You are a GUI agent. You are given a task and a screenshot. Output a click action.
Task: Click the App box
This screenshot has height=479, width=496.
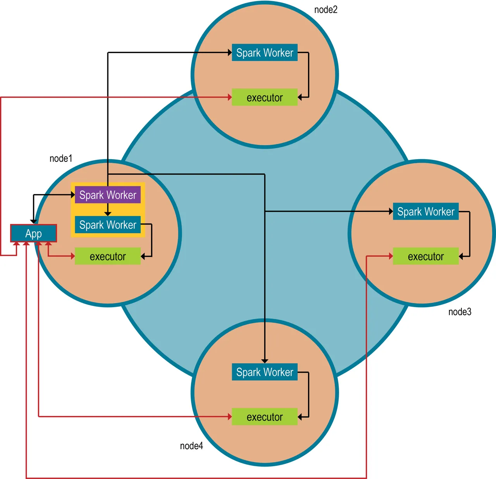point(33,233)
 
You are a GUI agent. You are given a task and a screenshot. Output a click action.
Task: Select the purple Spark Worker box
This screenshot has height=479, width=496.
point(108,195)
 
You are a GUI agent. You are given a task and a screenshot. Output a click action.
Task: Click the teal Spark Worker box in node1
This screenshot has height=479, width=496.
point(108,225)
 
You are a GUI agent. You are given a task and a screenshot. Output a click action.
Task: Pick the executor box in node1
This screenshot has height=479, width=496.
point(108,256)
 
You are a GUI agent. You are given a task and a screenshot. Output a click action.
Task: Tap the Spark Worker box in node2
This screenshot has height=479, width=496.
point(265,52)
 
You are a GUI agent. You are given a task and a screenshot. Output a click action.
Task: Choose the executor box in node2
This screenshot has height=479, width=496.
point(265,97)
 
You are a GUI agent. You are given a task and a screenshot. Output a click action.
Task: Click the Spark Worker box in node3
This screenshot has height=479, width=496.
point(425,211)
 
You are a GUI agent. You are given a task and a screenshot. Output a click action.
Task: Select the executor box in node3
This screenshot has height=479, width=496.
point(425,256)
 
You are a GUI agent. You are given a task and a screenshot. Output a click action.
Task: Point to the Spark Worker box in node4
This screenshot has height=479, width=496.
point(265,372)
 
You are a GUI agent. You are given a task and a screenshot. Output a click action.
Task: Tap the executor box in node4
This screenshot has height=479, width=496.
point(265,417)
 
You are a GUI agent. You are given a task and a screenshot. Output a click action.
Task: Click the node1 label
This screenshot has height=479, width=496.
point(61,158)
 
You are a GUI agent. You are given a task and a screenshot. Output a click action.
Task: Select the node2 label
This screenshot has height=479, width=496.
point(326,10)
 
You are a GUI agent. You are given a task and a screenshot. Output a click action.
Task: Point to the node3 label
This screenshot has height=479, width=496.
point(460,312)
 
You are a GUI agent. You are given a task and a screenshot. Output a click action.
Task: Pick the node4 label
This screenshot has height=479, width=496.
point(191,446)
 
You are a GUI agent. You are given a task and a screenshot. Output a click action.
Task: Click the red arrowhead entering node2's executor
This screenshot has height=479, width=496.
point(230,97)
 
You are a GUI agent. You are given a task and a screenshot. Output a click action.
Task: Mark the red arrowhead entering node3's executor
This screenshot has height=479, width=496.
point(391,256)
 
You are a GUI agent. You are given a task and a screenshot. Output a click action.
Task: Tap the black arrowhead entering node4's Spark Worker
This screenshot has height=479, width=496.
point(265,361)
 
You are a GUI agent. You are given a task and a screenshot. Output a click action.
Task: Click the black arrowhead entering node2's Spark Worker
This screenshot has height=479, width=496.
point(230,52)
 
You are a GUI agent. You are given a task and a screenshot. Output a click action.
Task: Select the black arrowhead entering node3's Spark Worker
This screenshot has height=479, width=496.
point(391,211)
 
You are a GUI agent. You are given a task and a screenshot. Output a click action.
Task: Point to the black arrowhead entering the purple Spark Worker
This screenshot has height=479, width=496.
point(72,195)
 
